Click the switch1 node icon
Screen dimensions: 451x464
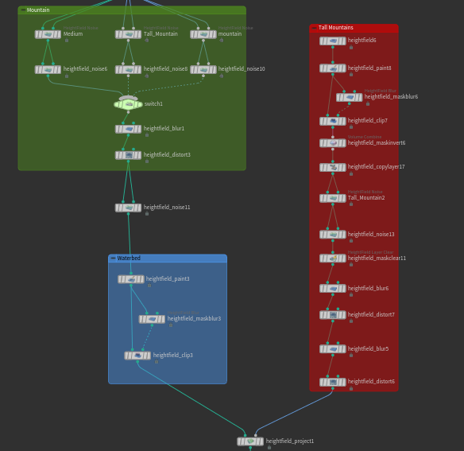click(x=128, y=104)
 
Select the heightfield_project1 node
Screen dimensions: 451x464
click(x=250, y=441)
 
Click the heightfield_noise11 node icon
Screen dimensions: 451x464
click(x=128, y=208)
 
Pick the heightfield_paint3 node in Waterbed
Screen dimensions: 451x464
click(x=131, y=279)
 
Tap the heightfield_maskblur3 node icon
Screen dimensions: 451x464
click(x=152, y=319)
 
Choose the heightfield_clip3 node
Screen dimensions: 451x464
click(x=137, y=356)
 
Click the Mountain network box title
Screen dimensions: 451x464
click(x=38, y=10)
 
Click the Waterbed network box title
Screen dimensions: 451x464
click(x=129, y=259)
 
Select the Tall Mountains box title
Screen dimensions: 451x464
click(x=335, y=28)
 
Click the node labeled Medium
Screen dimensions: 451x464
click(x=48, y=34)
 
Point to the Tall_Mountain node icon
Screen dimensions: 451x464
click(x=128, y=34)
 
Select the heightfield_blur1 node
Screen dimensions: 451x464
click(x=128, y=129)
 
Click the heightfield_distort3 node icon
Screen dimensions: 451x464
click(x=128, y=155)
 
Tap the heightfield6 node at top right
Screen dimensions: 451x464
click(x=333, y=41)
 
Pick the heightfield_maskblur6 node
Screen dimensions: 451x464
click(x=349, y=97)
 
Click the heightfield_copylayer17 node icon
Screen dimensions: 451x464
click(x=333, y=168)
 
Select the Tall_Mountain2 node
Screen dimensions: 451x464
click(x=333, y=198)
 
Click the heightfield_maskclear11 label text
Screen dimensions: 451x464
click(x=377, y=259)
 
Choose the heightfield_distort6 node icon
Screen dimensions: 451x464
click(x=333, y=382)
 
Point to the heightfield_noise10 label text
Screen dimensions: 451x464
click(x=242, y=69)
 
